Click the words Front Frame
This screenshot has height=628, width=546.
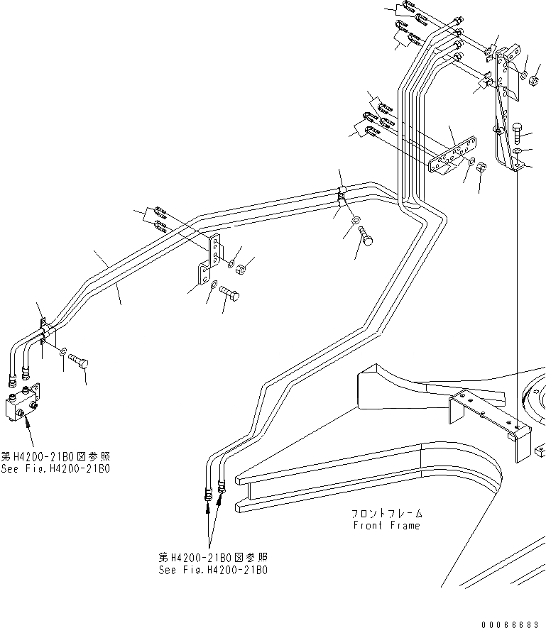tap(386, 526)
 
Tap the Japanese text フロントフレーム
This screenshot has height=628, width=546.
tap(386, 513)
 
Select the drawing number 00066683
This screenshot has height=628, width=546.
tap(510, 623)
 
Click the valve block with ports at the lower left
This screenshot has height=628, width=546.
tap(21, 404)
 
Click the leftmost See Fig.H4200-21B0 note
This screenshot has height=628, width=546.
tap(55, 463)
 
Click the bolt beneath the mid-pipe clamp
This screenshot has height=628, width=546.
tap(366, 237)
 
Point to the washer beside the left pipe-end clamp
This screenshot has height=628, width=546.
tap(63, 351)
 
